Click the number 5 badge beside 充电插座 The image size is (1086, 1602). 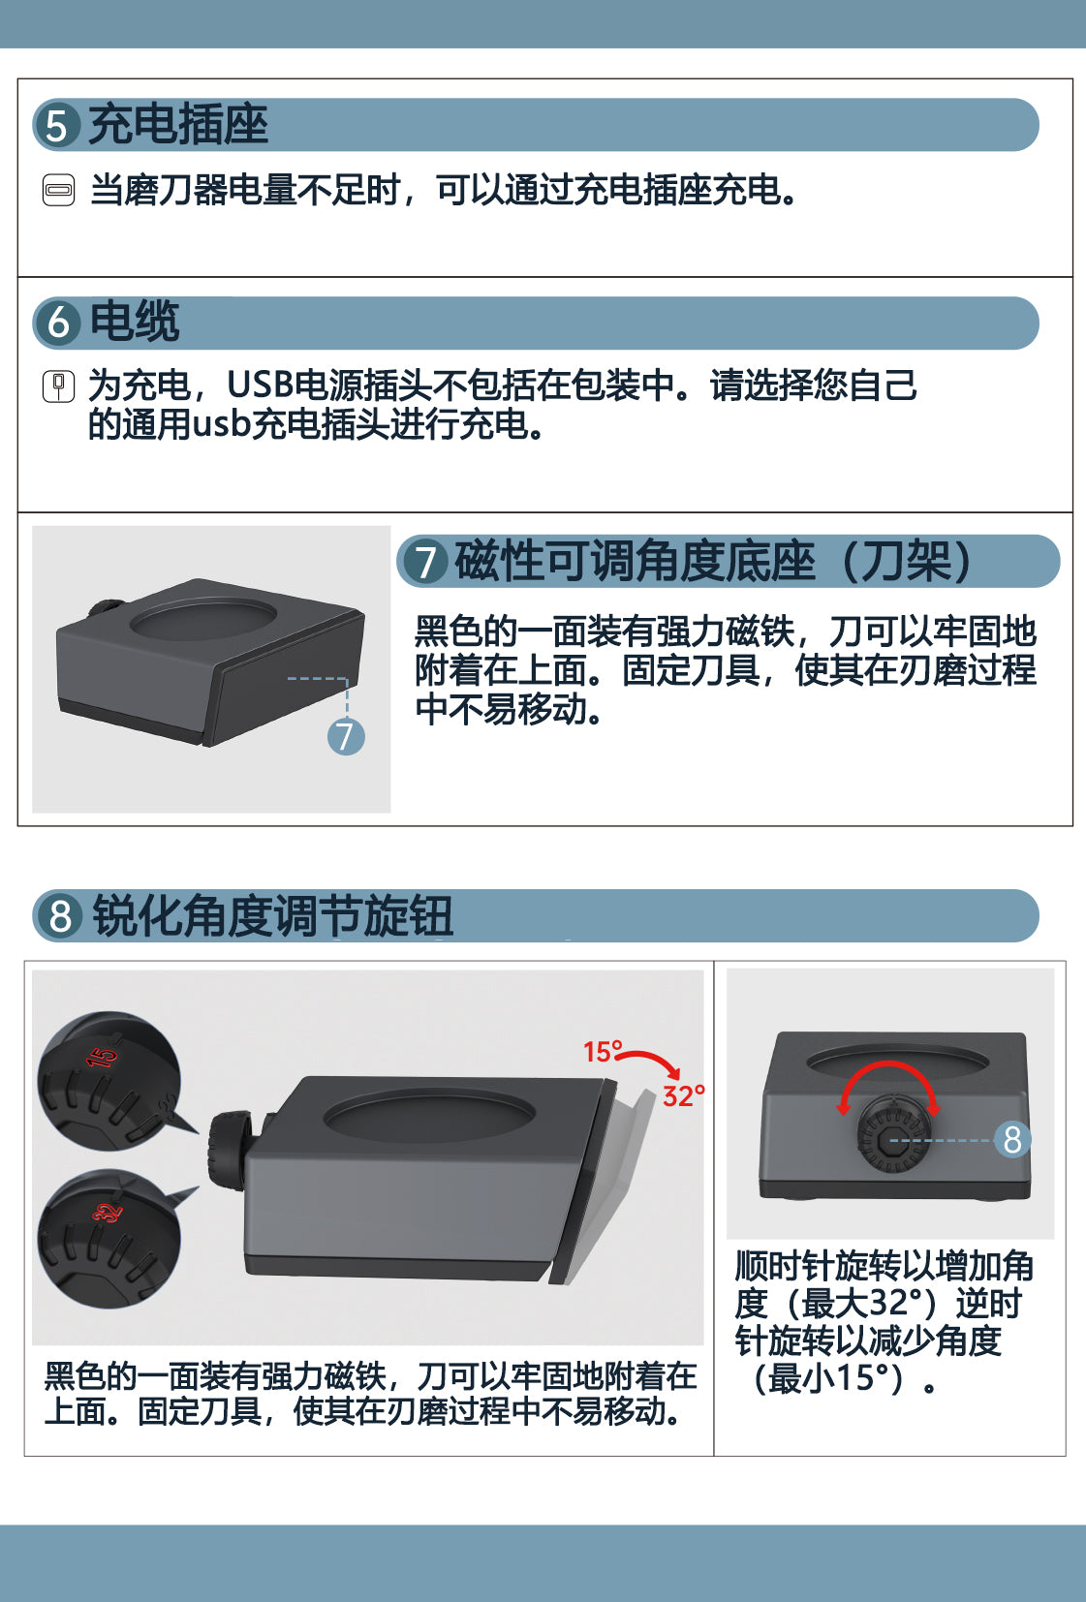[x=56, y=125]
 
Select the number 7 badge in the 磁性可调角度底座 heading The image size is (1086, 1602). [x=425, y=562]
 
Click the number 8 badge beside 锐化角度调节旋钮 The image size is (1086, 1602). [x=61, y=916]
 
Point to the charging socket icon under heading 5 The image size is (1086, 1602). [x=59, y=190]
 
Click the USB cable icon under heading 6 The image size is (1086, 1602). [x=59, y=386]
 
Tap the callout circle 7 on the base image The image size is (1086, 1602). [x=346, y=737]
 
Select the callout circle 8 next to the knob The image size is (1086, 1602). [x=1012, y=1140]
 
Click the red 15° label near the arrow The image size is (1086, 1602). [x=603, y=1051]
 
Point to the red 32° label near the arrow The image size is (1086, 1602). [x=683, y=1095]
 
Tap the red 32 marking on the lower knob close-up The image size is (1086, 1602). [x=108, y=1214]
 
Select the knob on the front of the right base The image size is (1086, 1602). [x=890, y=1136]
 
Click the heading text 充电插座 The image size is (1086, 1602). [x=178, y=125]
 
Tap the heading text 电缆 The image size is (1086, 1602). [x=134, y=322]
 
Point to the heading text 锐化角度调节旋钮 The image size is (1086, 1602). [x=272, y=916]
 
